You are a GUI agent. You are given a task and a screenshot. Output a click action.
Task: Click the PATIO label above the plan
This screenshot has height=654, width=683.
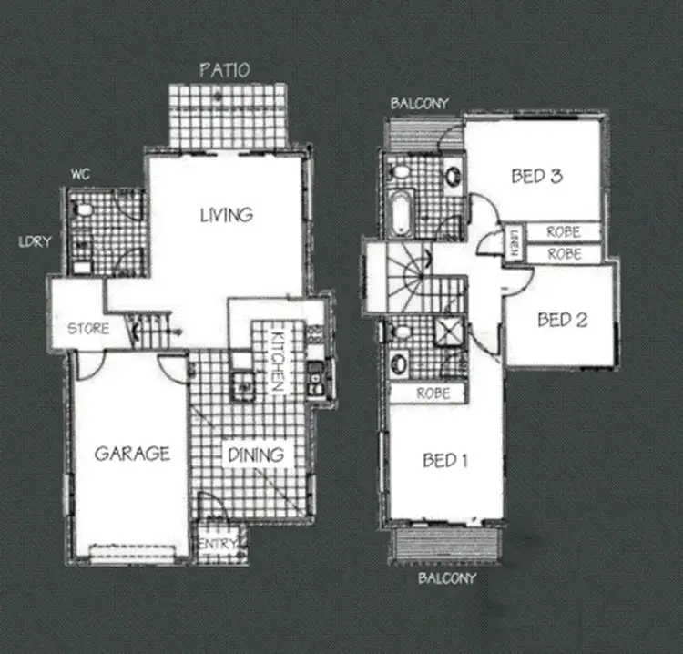224,70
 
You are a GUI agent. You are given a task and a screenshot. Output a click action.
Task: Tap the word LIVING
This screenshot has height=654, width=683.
226,215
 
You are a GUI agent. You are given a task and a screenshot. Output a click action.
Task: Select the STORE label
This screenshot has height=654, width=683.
89,329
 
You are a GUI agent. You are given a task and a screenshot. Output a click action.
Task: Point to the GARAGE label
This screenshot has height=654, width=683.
132,454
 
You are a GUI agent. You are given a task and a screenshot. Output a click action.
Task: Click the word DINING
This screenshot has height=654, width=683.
256,454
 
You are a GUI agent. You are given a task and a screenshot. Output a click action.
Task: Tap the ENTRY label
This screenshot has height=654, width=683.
219,545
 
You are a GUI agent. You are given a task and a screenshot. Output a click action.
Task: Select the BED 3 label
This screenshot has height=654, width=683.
535,176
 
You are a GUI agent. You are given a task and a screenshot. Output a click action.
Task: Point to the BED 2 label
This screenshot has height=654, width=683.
562,320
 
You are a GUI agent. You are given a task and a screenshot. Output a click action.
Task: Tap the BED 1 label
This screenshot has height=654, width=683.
445,461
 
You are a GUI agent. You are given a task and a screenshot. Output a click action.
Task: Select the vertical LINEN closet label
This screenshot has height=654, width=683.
512,244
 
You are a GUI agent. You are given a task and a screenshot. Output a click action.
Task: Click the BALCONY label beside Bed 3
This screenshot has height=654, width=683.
419,104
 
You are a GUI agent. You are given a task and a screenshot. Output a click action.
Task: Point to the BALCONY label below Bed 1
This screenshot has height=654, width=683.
446,577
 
